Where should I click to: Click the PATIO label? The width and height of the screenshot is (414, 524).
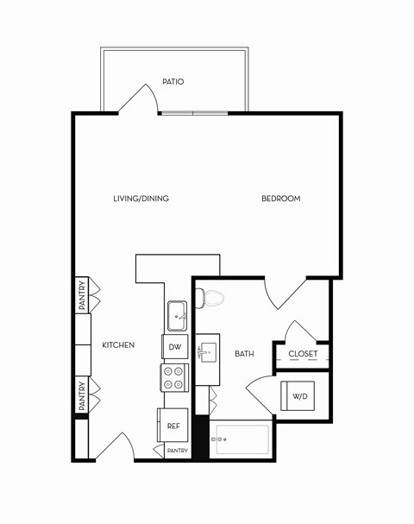pyautogui.click(x=173, y=82)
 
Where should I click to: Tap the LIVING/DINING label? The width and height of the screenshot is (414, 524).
pyautogui.click(x=141, y=199)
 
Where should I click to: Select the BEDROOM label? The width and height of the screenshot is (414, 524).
pyautogui.click(x=281, y=199)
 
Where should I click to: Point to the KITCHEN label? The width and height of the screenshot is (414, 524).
pyautogui.click(x=118, y=345)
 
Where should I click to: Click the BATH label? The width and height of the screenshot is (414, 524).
pyautogui.click(x=244, y=354)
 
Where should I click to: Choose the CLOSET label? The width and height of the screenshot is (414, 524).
pyautogui.click(x=303, y=354)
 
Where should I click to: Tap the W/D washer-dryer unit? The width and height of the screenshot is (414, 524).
pyautogui.click(x=300, y=396)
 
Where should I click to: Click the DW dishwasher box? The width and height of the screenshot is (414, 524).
pyautogui.click(x=175, y=347)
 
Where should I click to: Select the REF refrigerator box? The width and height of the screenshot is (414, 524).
pyautogui.click(x=173, y=426)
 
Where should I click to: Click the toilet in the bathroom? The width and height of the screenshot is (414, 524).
pyautogui.click(x=210, y=299)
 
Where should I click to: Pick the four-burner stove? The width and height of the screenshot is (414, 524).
pyautogui.click(x=174, y=377)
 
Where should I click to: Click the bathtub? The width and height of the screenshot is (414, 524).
pyautogui.click(x=242, y=439)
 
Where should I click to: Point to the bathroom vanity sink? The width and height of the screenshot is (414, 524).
pyautogui.click(x=207, y=353)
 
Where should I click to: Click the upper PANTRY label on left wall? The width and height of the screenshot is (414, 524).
pyautogui.click(x=82, y=294)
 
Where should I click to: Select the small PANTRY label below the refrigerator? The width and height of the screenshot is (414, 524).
pyautogui.click(x=177, y=451)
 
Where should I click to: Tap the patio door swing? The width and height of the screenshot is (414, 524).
pyautogui.click(x=138, y=100)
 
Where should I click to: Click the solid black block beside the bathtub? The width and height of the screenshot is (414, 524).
pyautogui.click(x=201, y=439)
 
